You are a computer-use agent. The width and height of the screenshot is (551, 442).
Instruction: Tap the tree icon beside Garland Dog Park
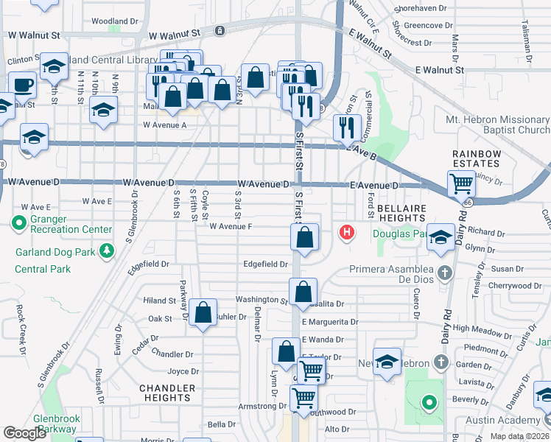point(108,251)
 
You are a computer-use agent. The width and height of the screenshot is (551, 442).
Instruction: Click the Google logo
point(25,433)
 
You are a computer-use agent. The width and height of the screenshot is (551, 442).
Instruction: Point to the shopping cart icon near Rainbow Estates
point(462,182)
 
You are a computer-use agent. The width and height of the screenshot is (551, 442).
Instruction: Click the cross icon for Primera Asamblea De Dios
point(443,273)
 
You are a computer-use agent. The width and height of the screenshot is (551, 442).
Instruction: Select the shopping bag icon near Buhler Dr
point(203,311)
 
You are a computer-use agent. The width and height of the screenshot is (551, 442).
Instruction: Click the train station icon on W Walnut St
point(220,31)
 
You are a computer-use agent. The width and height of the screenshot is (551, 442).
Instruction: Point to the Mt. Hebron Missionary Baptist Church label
point(498,124)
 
